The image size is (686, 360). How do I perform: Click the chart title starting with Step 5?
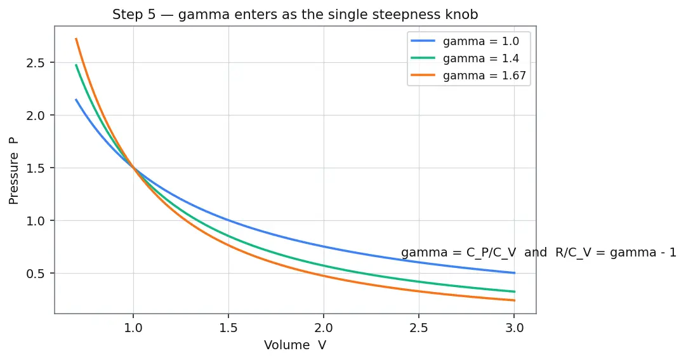pos(295,15)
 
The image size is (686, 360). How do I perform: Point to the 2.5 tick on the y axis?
pos(36,63)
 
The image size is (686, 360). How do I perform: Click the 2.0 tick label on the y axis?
pos(36,115)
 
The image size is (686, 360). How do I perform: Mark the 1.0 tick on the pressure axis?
pos(36,221)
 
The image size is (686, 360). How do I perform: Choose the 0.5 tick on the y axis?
pos(36,273)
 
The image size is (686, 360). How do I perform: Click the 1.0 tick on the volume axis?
pos(133,328)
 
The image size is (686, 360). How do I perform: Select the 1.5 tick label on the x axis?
pos(228,328)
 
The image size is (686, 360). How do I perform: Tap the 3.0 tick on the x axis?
pos(515,328)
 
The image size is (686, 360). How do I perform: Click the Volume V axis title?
pos(295,345)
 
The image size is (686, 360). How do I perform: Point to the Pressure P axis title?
pos(13,171)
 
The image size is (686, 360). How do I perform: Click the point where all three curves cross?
pos(133,168)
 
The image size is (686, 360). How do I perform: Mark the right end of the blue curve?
pos(515,273)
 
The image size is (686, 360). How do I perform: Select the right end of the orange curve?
pos(515,300)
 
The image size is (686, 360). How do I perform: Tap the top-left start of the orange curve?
pos(76,39)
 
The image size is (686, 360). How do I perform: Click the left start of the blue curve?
pos(76,100)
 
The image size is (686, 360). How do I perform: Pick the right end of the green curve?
pos(515,291)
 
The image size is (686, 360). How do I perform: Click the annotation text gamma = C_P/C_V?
pos(459,253)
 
